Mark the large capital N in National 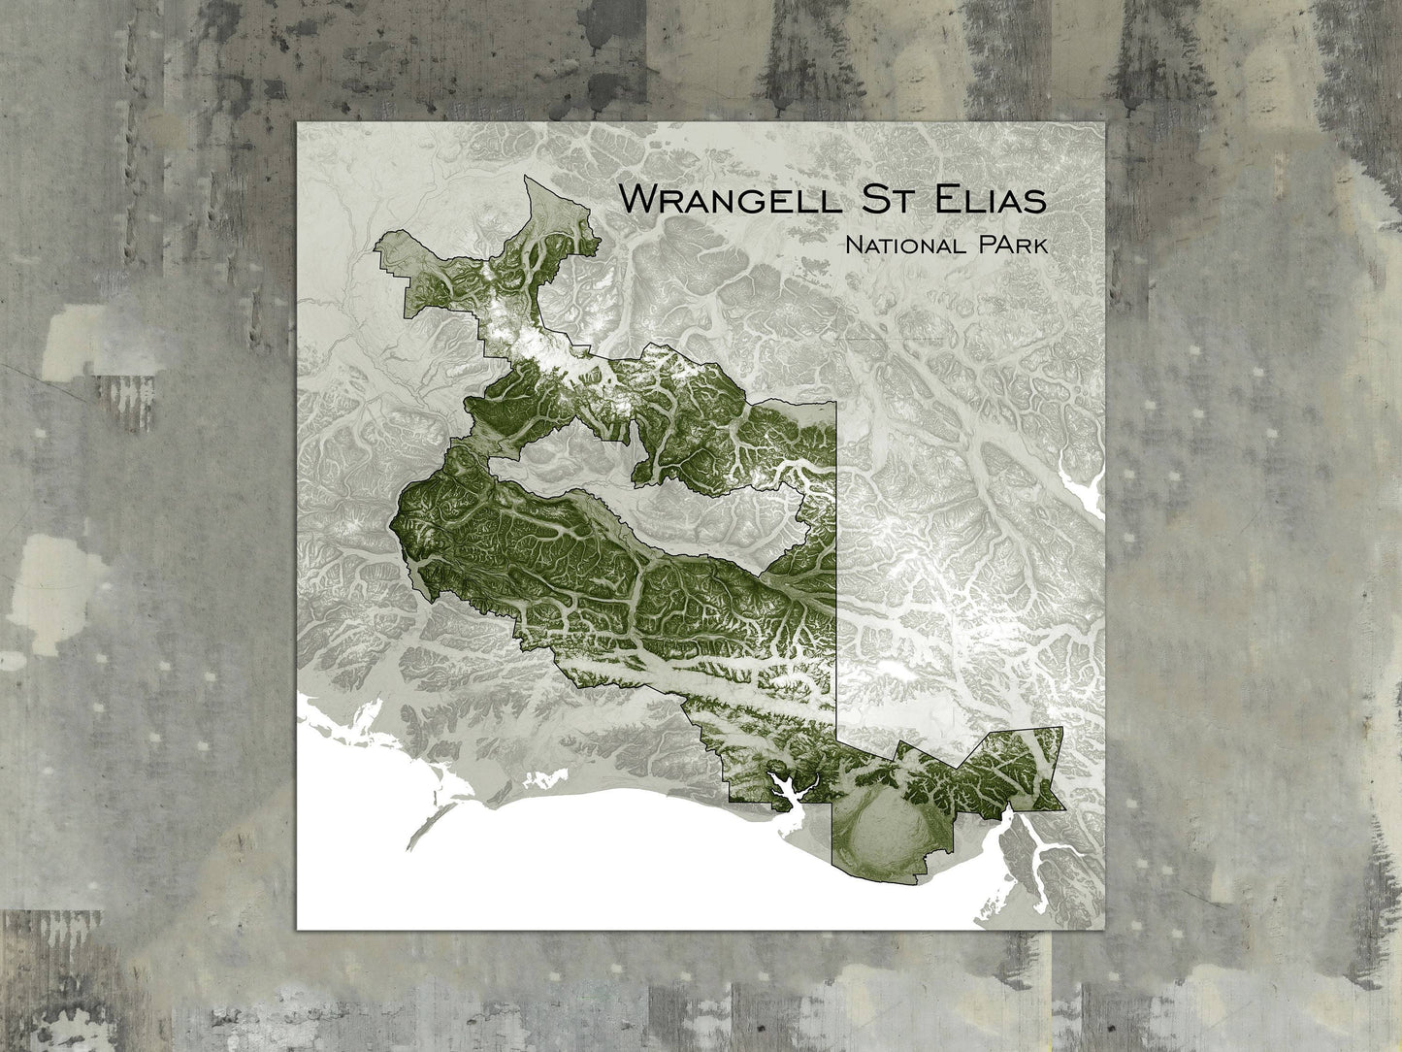coord(853,246)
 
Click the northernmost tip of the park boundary coord(525,177)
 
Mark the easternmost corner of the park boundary coord(1064,728)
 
